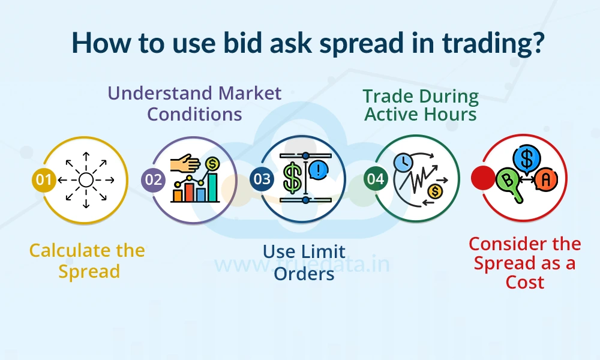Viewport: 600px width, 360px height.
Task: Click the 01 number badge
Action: click(x=44, y=179)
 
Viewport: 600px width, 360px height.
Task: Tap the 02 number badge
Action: click(x=154, y=179)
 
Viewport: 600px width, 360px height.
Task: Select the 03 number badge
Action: click(x=262, y=179)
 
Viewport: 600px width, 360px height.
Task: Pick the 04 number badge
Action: click(x=376, y=179)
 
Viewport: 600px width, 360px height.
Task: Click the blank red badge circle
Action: click(x=483, y=178)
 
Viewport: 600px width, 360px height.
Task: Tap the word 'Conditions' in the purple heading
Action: click(x=194, y=114)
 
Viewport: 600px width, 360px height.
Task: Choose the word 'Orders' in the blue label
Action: click(x=304, y=274)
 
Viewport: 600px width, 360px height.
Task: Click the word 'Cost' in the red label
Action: click(x=524, y=283)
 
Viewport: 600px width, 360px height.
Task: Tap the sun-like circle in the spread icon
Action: click(x=86, y=180)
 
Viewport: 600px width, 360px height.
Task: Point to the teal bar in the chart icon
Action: click(x=212, y=187)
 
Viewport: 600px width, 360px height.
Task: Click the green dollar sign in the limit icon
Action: click(x=292, y=178)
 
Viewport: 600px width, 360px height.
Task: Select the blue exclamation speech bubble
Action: click(x=319, y=169)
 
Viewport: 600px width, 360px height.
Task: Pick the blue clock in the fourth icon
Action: click(x=403, y=162)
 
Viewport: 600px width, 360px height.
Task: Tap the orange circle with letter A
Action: click(x=546, y=179)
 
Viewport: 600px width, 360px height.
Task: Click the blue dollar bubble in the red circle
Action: click(x=527, y=158)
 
